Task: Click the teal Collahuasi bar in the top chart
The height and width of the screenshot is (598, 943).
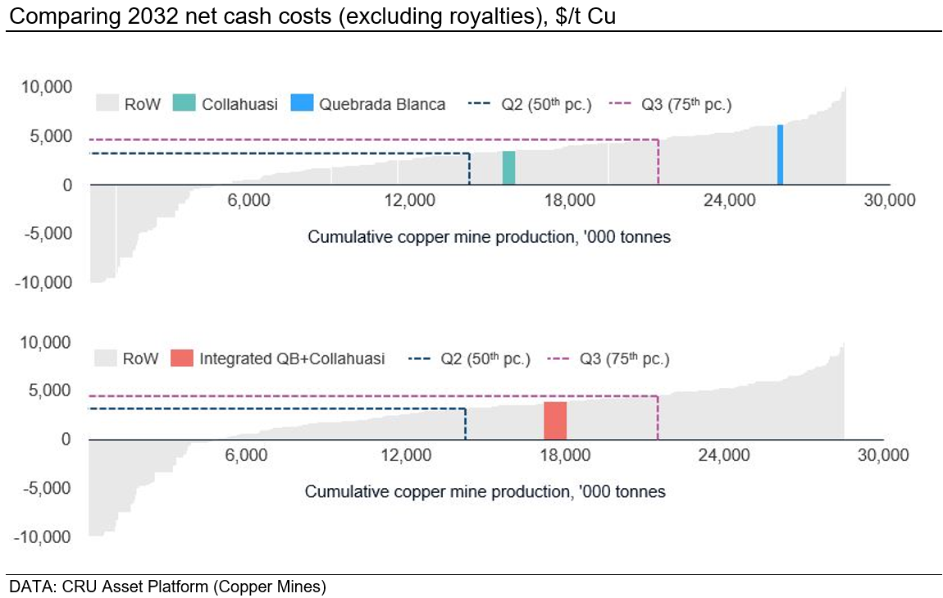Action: coord(508,168)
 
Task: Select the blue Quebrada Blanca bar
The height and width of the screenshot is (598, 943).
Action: coord(780,155)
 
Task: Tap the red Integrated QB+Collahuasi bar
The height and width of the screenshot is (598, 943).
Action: coord(555,420)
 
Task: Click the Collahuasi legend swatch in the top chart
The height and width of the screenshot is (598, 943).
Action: coord(185,104)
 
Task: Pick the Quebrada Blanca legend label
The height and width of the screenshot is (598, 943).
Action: coord(382,104)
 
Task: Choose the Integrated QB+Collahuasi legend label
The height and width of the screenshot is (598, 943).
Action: coord(292,358)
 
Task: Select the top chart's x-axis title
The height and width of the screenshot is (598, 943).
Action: coord(489,238)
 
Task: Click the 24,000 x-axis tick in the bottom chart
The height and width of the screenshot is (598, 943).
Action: coord(725,456)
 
